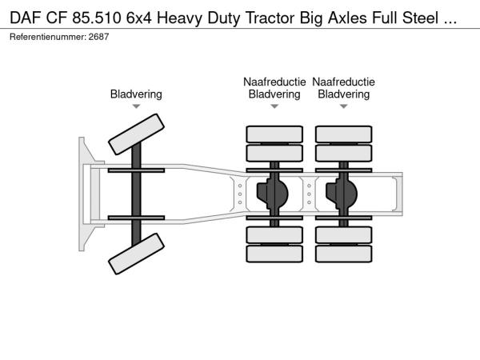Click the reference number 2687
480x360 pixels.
coord(98,37)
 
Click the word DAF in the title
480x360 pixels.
coord(26,18)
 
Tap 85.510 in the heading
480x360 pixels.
coord(97,18)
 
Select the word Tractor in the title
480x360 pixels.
coord(271,18)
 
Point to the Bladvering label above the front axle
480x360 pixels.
coord(136,94)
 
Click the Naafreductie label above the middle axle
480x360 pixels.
coord(274,82)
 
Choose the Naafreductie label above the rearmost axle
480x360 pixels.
coord(343,82)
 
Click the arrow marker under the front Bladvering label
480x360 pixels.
coord(136,106)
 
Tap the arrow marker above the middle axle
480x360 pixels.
coord(274,106)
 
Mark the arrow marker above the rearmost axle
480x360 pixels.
coord(343,106)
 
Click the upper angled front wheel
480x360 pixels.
coord(136,134)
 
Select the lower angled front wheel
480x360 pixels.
coord(136,254)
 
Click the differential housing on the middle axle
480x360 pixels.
coord(273,194)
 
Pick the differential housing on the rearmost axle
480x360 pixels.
coord(342,194)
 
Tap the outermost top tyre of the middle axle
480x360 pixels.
coord(274,134)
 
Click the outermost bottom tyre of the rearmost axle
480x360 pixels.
coord(343,254)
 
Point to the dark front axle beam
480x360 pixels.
coord(136,194)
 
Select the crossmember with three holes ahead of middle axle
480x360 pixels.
coord(240,194)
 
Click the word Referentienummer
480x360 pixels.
coord(48,37)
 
